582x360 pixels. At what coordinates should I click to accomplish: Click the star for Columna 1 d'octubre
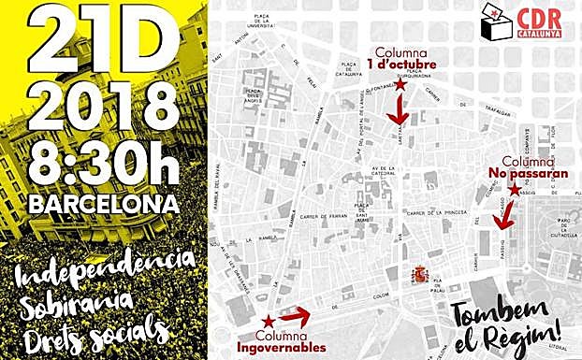[x=400, y=86]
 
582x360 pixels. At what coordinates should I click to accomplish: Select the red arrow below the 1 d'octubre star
[x=401, y=112]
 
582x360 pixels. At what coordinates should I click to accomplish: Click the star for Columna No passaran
[x=514, y=190]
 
